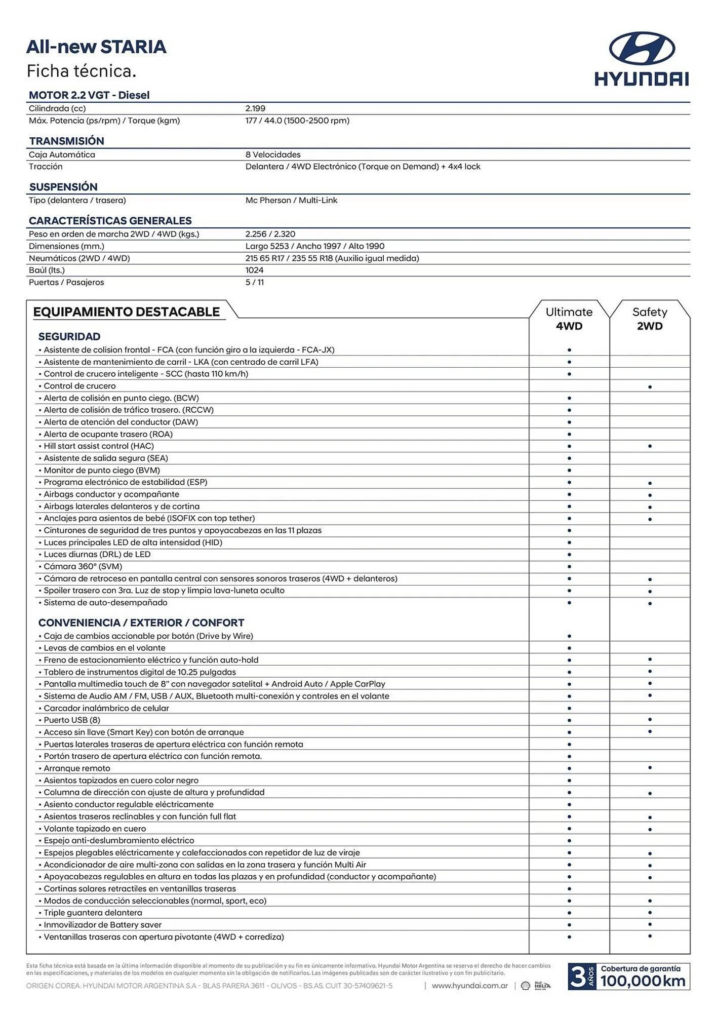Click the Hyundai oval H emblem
click(x=642, y=48)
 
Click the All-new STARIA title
click(x=96, y=47)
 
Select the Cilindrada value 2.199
click(x=255, y=108)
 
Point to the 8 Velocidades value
click(x=273, y=154)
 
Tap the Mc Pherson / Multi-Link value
click(x=291, y=200)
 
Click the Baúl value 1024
click(x=254, y=270)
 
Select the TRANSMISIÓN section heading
click(x=66, y=141)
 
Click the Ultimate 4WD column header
click(x=569, y=319)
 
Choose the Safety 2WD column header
click(x=650, y=319)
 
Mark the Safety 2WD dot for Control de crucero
click(x=650, y=387)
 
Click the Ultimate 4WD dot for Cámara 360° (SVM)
click(x=569, y=567)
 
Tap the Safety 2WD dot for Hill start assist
click(x=650, y=446)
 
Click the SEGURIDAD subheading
click(x=69, y=336)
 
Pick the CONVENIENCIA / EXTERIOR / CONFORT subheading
click(x=141, y=622)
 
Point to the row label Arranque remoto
click(x=76, y=768)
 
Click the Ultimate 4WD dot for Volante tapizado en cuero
click(x=569, y=829)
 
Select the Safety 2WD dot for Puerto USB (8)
click(x=650, y=720)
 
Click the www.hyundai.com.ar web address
click(x=469, y=986)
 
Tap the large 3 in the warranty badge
click(x=577, y=977)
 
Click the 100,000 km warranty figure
click(x=643, y=981)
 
